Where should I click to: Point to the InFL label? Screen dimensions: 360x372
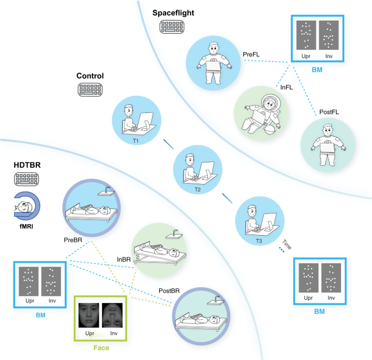click(287, 86)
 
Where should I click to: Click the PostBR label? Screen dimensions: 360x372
click(169, 290)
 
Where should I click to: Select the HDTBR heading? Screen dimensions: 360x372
click(28, 163)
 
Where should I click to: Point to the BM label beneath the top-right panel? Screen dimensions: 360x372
click(317, 70)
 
